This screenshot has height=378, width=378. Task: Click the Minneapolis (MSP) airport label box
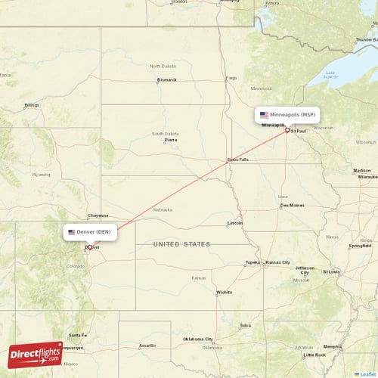click(x=287, y=115)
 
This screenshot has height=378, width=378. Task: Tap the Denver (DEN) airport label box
click(x=89, y=232)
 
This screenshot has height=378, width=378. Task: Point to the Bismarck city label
click(x=166, y=79)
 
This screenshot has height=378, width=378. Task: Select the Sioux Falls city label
click(x=237, y=160)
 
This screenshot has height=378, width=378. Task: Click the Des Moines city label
click(x=292, y=205)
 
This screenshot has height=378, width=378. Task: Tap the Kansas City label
click(x=277, y=262)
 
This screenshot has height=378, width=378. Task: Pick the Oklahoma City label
click(x=198, y=339)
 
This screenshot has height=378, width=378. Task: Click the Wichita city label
click(x=224, y=292)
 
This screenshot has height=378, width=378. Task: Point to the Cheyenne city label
click(x=98, y=215)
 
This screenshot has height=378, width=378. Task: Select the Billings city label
click(x=31, y=105)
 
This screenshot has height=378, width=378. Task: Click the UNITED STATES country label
click(x=181, y=244)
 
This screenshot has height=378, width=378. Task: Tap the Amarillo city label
click(x=147, y=345)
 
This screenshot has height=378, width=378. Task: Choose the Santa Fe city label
click(x=78, y=335)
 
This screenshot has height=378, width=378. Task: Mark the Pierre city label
click(x=171, y=140)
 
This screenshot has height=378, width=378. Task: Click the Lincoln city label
click(x=235, y=223)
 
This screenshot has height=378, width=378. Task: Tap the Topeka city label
click(x=253, y=262)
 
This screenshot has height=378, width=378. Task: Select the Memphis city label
click(x=332, y=346)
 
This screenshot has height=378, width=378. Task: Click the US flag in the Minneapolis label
click(x=264, y=115)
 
